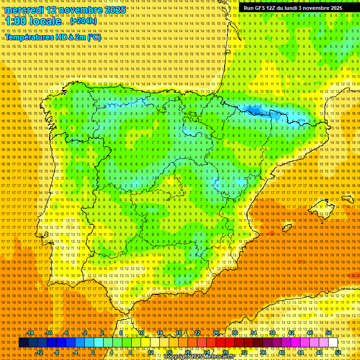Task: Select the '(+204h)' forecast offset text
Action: click(83, 21)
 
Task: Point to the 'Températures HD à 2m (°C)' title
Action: click(53, 37)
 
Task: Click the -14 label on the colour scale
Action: click(30, 333)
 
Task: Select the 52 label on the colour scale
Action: click(338, 352)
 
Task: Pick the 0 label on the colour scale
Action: click(93, 352)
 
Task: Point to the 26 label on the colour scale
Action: click(216, 333)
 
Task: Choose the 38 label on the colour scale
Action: click(272, 333)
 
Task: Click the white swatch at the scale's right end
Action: click(333, 342)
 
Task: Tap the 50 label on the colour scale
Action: click(329, 333)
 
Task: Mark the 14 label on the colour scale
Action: click(160, 333)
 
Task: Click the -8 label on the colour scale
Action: click(57, 352)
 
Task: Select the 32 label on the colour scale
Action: click(244, 352)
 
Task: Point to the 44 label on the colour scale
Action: click(300, 352)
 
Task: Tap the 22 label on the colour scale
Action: click(197, 333)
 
